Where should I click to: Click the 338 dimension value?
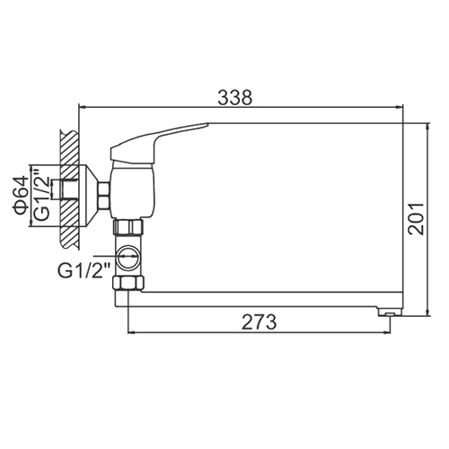235,97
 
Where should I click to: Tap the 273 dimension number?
260,321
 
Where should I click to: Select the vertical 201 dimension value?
417,219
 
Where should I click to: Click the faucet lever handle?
155,141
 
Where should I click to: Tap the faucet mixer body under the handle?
133,192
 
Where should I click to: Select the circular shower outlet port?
128,257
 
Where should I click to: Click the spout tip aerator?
390,313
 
